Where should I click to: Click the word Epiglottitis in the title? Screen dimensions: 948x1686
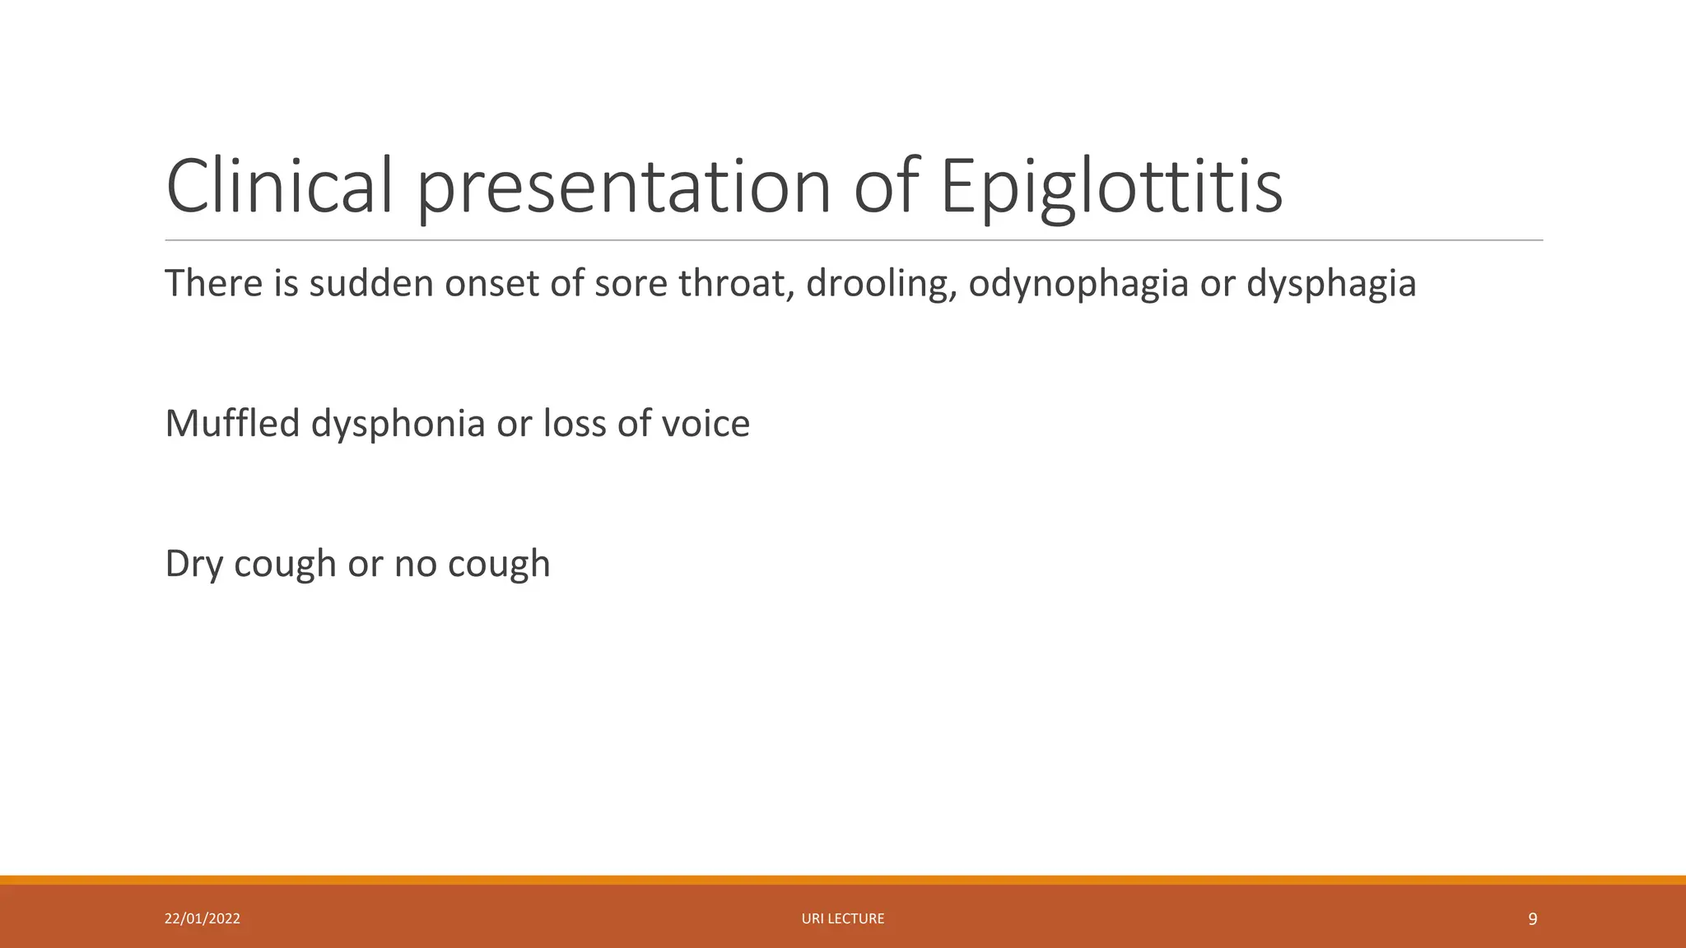tap(1111, 188)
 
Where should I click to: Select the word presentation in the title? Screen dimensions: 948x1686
tap(623, 188)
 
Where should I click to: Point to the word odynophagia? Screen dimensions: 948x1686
tap(1078, 284)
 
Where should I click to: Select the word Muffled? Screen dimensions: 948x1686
tap(232, 424)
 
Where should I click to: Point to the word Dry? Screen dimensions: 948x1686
tap(193, 565)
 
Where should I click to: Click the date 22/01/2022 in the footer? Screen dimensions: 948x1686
tap(203, 918)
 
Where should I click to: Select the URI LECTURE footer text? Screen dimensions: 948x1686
tap(843, 918)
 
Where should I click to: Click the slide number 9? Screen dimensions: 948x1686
tap(1532, 919)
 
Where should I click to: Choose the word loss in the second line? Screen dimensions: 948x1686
tap(574, 424)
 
